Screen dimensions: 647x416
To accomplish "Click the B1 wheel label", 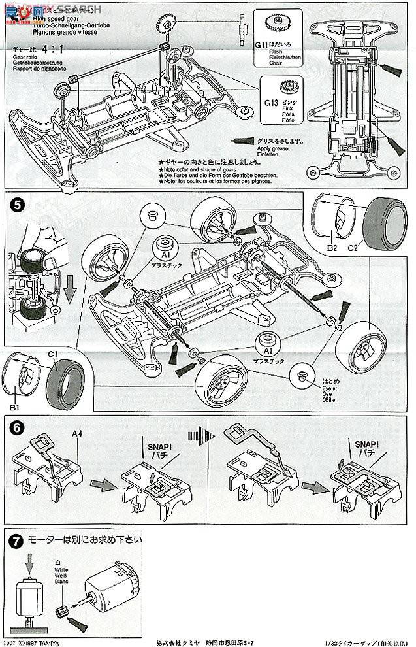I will [15, 406].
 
